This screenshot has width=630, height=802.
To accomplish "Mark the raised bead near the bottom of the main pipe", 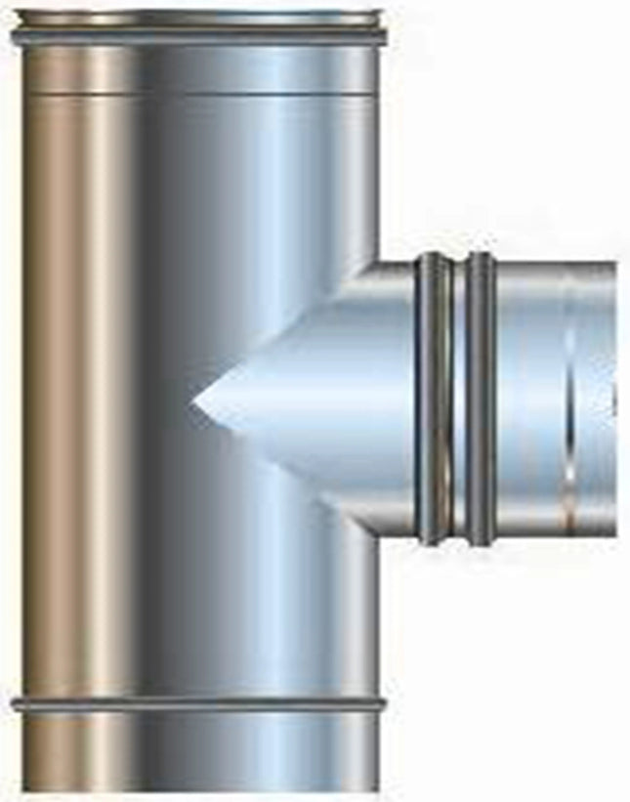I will [x=195, y=703].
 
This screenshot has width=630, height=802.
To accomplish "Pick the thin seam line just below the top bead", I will [x=195, y=93].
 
